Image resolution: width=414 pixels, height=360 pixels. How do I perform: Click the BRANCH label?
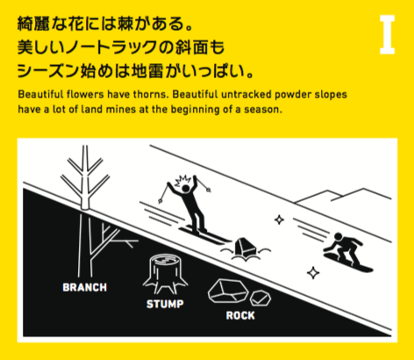[x=85, y=287]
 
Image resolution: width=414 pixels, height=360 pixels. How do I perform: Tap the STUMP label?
[x=165, y=304]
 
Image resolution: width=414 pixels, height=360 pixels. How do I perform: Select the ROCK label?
[x=240, y=315]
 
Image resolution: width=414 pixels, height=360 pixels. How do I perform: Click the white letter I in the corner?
[x=387, y=35]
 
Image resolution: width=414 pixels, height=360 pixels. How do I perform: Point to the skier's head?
[x=186, y=189]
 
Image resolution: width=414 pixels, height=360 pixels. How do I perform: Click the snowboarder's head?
[x=338, y=236]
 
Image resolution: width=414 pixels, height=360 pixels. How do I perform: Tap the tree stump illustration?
[x=165, y=274]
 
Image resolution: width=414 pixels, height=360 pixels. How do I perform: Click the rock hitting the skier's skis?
[x=246, y=248]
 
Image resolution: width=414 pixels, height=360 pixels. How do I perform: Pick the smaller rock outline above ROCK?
[x=261, y=299]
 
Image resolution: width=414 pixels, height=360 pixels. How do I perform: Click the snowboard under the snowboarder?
[x=348, y=263]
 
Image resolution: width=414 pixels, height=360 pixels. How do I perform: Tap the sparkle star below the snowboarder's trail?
[x=313, y=273]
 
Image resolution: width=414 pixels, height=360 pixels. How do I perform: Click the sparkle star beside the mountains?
[x=279, y=220]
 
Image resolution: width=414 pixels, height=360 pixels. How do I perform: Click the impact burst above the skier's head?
[x=182, y=180]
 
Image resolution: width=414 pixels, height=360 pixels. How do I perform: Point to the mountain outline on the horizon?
[x=343, y=196]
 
